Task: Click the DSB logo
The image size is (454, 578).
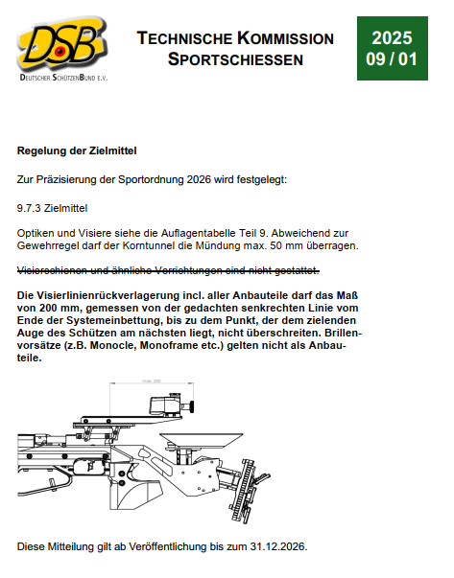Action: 62,48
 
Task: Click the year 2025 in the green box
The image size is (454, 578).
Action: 392,38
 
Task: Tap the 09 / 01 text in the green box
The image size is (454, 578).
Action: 392,59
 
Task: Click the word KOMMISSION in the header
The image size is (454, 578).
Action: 285,38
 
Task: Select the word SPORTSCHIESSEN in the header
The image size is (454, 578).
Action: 235,59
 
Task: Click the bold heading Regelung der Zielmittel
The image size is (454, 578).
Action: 77,150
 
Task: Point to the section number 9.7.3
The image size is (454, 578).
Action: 29,208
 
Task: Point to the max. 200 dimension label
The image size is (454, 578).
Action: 152,381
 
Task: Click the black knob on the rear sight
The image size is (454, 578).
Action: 192,407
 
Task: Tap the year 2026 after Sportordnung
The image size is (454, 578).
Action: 199,180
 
